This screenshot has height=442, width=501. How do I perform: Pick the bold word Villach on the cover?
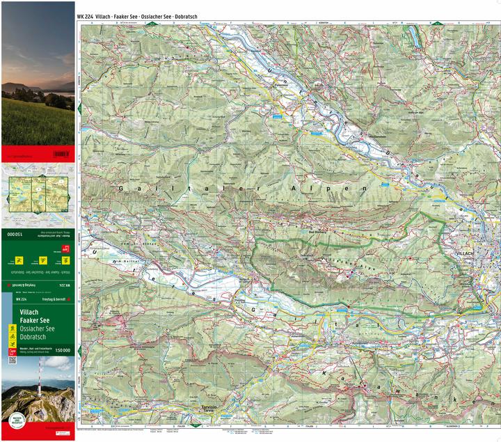click(30, 311)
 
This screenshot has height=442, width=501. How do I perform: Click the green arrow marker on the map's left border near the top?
click(79, 108)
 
